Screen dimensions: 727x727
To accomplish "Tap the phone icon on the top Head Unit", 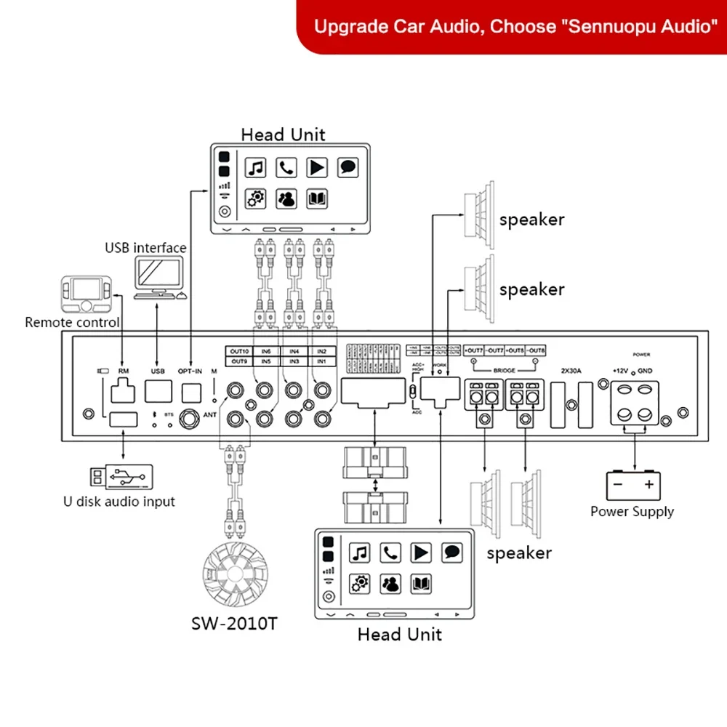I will pos(286,168).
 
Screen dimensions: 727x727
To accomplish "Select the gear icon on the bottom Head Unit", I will pos(359,583).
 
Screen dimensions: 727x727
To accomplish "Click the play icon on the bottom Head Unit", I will pos(422,553).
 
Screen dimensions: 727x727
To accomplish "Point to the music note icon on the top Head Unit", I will pos(255,168).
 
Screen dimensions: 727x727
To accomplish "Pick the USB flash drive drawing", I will pos(122,477).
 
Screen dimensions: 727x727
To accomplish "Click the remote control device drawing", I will pos(86,294).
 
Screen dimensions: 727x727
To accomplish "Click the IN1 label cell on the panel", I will pos(322,361).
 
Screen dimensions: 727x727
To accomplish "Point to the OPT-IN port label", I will pos(191,371).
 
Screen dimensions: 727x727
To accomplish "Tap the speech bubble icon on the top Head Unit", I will pos(348,168).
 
